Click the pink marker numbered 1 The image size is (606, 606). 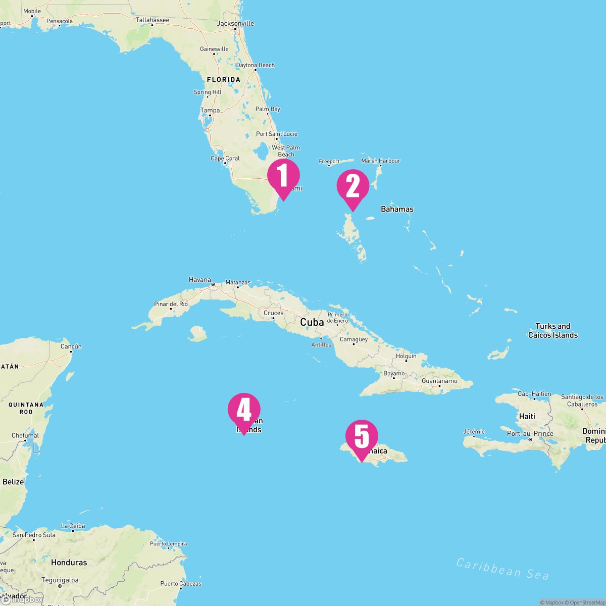[283, 176]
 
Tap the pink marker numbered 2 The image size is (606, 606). [353, 187]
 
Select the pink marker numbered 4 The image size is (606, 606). [244, 410]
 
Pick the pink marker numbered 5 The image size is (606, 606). [362, 437]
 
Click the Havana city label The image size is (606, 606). [199, 279]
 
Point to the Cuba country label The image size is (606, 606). [312, 322]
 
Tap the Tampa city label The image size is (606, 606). [210, 110]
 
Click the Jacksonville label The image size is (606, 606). [235, 23]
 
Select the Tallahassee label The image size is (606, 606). [152, 20]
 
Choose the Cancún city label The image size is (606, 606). [71, 346]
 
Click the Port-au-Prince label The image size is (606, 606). [530, 433]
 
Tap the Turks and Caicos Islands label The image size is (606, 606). [553, 331]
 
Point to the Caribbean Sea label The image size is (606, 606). [502, 569]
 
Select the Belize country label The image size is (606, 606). [13, 482]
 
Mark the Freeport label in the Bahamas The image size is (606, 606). [329, 162]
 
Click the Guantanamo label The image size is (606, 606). [439, 381]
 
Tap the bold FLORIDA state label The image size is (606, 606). [224, 80]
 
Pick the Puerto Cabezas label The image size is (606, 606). [181, 583]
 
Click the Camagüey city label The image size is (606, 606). [353, 339]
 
